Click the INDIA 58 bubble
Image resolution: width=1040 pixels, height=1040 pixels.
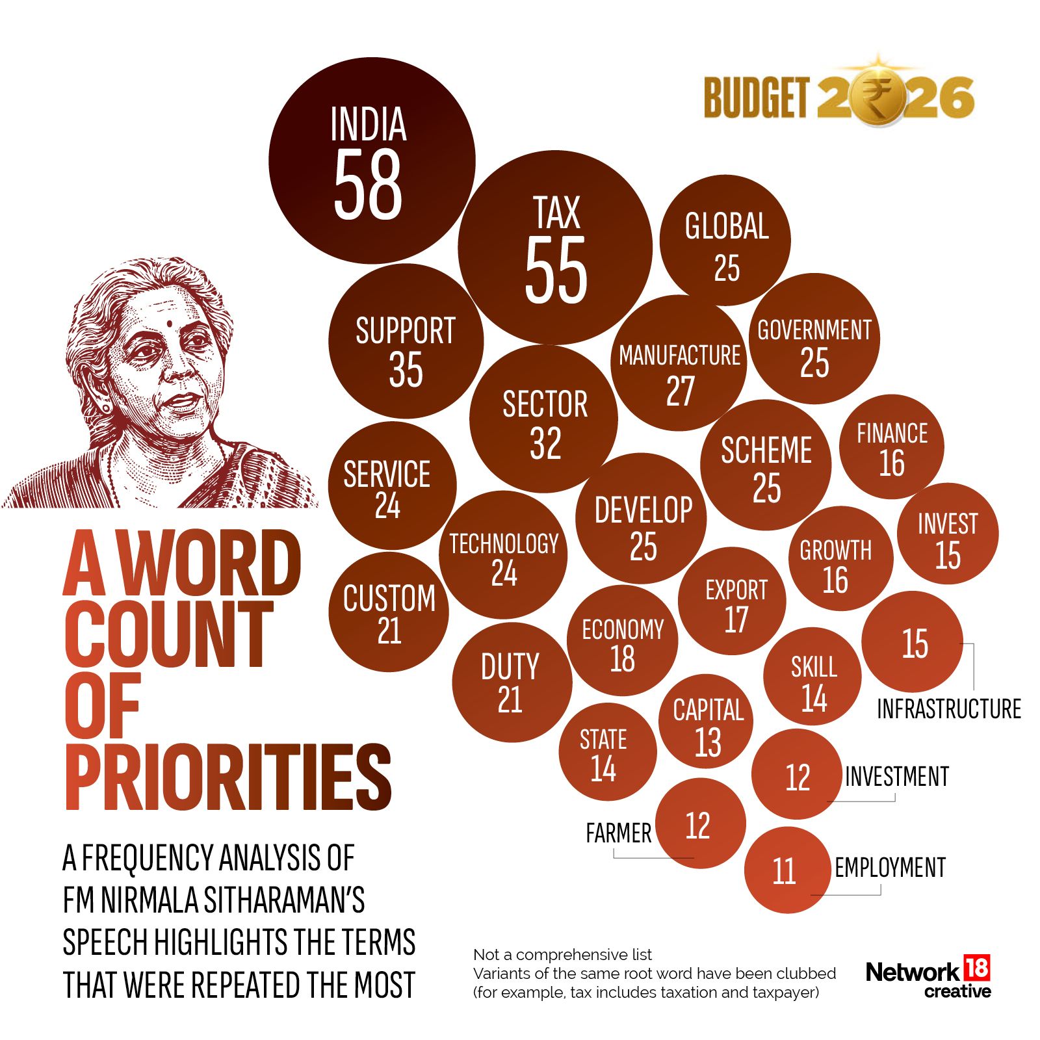click(x=372, y=161)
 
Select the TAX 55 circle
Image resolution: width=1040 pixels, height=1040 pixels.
click(x=555, y=247)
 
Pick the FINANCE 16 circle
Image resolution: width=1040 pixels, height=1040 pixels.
click(x=892, y=447)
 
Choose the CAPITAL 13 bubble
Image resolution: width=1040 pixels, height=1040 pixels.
click(x=706, y=721)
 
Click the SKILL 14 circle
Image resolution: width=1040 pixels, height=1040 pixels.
click(x=812, y=677)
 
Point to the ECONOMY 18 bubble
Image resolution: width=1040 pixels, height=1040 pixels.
click(x=622, y=640)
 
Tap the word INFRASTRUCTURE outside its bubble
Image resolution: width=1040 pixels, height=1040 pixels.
click(x=949, y=709)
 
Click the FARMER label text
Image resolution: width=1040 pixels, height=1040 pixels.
click(x=618, y=833)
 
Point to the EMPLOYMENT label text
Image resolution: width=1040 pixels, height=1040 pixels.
click(x=890, y=868)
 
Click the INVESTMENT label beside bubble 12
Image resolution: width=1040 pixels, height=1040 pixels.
click(x=897, y=777)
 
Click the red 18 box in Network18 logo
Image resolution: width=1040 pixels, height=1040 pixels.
click(x=976, y=967)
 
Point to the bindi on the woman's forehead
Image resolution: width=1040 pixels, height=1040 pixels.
click(x=168, y=322)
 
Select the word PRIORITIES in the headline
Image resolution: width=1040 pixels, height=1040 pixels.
click(x=227, y=777)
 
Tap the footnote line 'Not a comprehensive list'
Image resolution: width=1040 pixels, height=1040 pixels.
click(x=562, y=955)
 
